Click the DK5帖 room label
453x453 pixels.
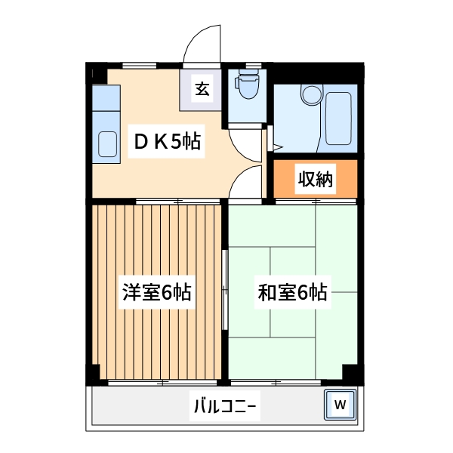pyautogui.click(x=168, y=141)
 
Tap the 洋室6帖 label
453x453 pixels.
pyautogui.click(x=157, y=292)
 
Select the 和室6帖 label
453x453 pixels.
pyautogui.click(x=292, y=292)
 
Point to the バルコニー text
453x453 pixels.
pyautogui.click(x=225, y=407)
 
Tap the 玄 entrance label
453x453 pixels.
pyautogui.click(x=202, y=89)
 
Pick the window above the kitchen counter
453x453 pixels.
pyautogui.click(x=139, y=65)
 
